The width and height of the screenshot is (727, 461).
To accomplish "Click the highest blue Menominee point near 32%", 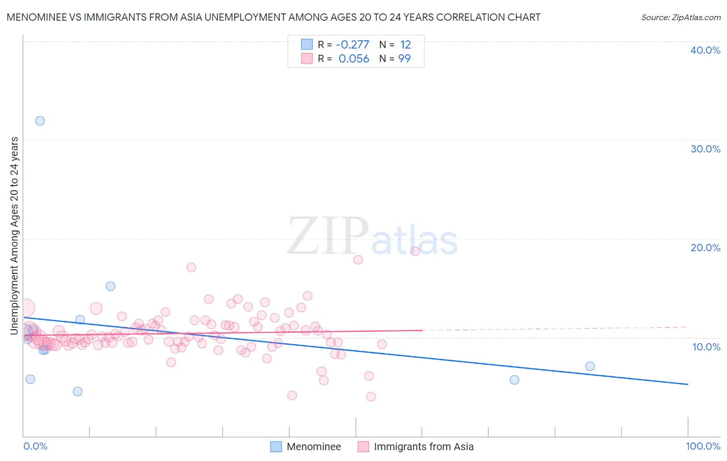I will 40,121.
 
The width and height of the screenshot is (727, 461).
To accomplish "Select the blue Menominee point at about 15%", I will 110,286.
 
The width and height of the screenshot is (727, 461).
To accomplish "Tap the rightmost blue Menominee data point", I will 590,366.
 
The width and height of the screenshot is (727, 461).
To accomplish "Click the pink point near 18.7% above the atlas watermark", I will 415,251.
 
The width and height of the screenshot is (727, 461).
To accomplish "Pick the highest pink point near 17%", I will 191,267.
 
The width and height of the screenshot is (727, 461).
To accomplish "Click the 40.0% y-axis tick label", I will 705,50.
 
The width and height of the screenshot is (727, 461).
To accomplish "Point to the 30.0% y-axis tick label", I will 705,149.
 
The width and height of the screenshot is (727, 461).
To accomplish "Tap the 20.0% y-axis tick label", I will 705,248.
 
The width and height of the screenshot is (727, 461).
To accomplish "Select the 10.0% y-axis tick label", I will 706,347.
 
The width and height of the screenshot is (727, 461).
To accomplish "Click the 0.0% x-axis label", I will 35,446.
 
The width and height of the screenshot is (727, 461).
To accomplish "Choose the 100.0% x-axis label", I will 703,446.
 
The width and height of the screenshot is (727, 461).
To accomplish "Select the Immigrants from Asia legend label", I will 423,447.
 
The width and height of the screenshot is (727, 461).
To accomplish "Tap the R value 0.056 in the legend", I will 354,59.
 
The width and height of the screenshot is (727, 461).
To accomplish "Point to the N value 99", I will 404,59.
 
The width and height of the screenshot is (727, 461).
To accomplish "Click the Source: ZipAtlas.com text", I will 680,18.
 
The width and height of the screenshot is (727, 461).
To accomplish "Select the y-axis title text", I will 14,236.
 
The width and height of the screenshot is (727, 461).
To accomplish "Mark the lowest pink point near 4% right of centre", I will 371,396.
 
